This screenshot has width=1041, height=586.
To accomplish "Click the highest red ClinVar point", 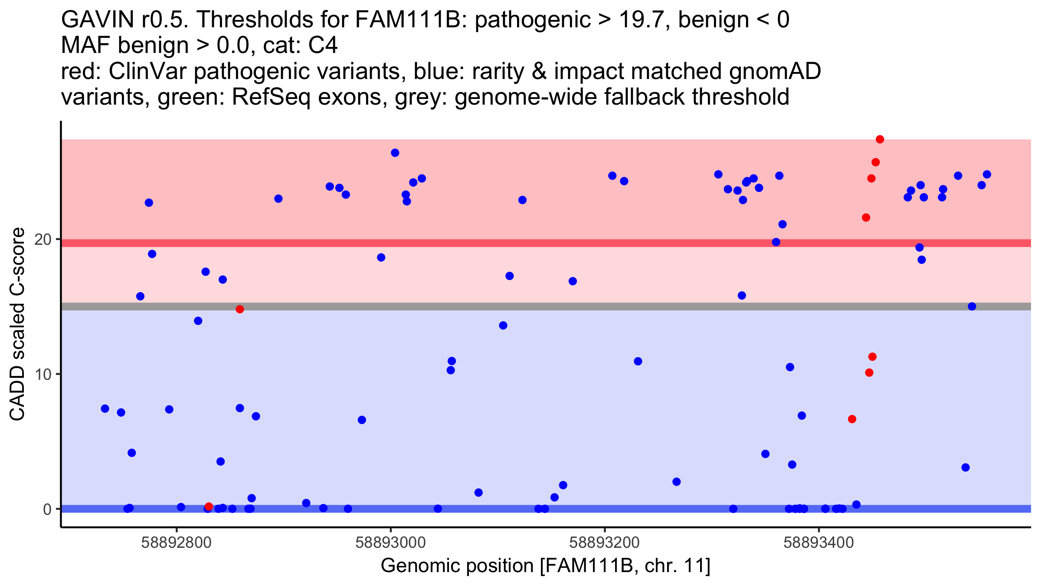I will [x=880, y=139].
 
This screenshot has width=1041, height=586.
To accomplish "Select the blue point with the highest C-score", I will [x=395, y=153].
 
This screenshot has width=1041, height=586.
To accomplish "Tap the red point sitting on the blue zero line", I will [x=209, y=507].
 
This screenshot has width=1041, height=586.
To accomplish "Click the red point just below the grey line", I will [x=240, y=309].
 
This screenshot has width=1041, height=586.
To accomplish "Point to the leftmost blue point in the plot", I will [x=105, y=408].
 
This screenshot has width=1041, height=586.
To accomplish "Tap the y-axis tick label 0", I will [x=47, y=509].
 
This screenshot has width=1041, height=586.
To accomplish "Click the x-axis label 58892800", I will [x=177, y=543].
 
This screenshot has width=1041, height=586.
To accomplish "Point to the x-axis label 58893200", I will [x=605, y=543].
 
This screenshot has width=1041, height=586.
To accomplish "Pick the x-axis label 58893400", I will [x=818, y=543].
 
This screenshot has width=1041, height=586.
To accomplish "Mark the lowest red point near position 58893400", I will [x=852, y=419].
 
